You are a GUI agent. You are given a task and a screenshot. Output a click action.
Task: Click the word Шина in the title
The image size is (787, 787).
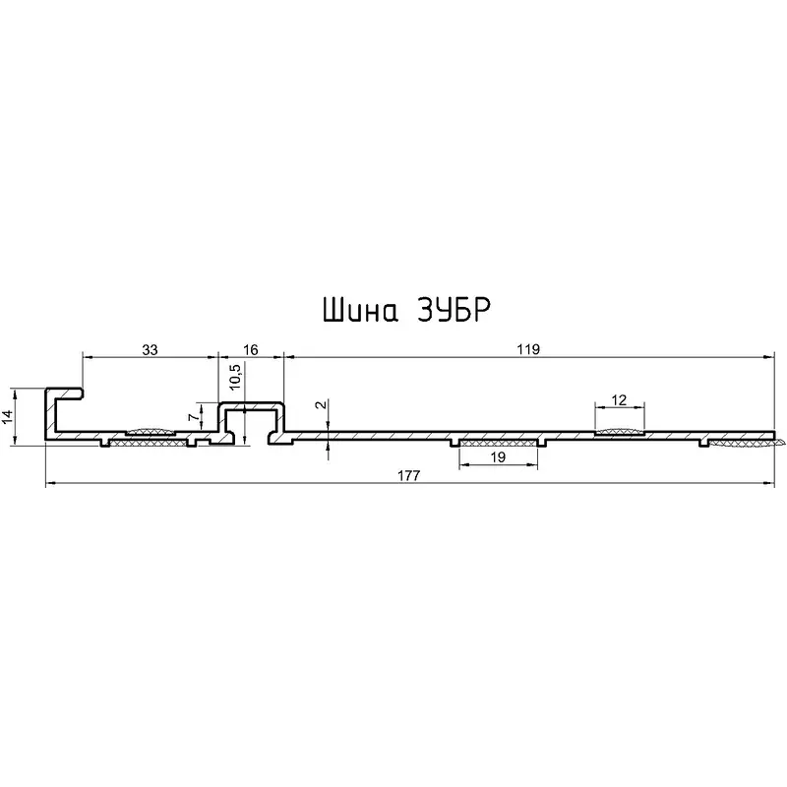360,310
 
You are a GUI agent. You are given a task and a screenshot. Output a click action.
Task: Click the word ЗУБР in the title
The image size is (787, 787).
454,310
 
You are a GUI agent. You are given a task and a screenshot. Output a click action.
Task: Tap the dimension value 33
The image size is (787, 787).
150,349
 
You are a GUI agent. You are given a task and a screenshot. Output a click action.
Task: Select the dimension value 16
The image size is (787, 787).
250,349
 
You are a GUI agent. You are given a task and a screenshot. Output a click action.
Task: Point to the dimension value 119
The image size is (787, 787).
528,349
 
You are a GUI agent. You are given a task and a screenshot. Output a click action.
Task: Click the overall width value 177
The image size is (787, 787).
408,475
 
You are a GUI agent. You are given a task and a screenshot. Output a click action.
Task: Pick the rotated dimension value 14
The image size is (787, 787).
8,416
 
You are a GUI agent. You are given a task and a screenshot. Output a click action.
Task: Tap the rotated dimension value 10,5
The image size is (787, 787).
235,377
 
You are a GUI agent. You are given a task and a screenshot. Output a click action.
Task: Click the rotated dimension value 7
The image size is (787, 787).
193,416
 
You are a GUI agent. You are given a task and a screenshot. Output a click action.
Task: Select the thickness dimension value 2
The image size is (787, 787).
322,404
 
